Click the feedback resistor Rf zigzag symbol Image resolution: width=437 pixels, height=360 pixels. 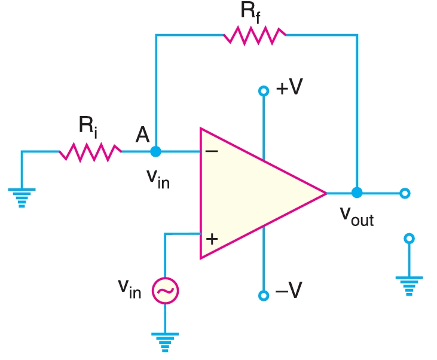(x=255, y=35)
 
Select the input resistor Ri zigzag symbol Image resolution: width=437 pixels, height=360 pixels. (x=90, y=152)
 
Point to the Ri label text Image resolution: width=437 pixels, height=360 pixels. (x=88, y=126)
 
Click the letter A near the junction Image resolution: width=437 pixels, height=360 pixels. (x=142, y=135)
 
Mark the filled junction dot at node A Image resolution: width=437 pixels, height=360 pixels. (x=156, y=152)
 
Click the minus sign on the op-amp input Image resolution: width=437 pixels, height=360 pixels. (x=212, y=151)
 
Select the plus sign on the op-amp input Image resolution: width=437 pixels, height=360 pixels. (x=212, y=239)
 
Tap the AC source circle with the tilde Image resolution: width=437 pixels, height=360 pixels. (x=165, y=291)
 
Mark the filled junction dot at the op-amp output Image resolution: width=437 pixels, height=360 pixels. (x=357, y=193)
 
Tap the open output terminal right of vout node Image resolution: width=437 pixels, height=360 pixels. (x=405, y=193)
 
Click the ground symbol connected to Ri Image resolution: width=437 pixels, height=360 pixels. (x=22, y=197)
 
